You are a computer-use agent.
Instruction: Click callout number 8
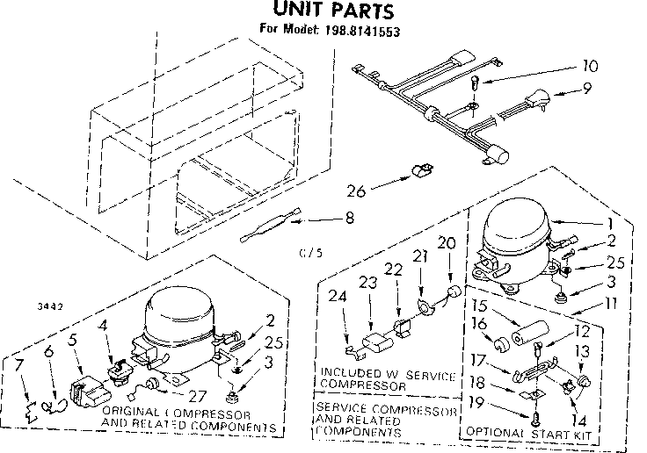(x=351, y=219)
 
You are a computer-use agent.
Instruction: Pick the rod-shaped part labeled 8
(x=271, y=225)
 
